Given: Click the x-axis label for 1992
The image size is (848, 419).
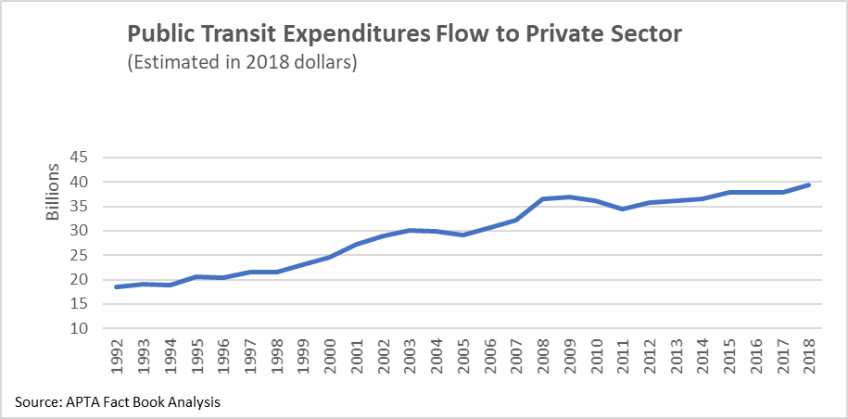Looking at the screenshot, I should pyautogui.click(x=118, y=353).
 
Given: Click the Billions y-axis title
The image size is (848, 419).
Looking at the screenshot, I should pyautogui.click(x=54, y=193).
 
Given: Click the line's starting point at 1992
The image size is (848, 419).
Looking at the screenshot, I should pyautogui.click(x=118, y=286).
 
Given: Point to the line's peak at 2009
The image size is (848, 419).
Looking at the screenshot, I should pyautogui.click(x=571, y=197).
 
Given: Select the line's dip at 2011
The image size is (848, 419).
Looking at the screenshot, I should pyautogui.click(x=624, y=209).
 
